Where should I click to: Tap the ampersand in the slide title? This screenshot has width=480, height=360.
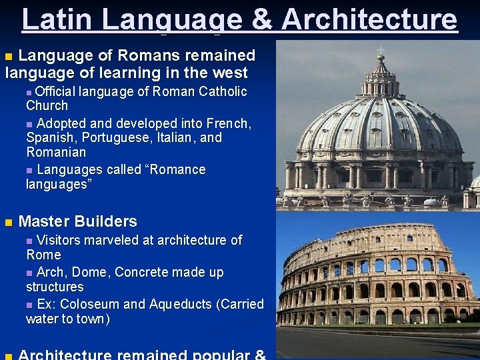(263, 19)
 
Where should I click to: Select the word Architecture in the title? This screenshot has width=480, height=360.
(370, 19)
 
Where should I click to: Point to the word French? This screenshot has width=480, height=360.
(228, 123)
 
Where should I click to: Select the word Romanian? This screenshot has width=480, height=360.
(56, 153)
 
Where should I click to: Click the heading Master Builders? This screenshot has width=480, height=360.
(78, 221)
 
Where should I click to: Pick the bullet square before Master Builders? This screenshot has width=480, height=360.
(9, 222)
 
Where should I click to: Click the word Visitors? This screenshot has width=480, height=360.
(59, 240)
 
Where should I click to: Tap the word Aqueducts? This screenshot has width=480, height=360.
(181, 304)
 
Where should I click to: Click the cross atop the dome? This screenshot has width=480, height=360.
(381, 51)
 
